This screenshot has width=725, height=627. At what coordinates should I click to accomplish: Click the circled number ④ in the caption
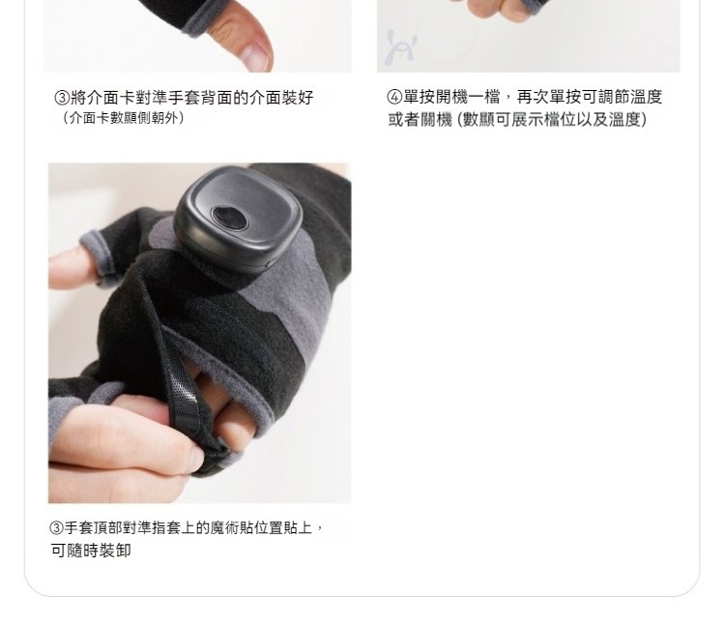394,97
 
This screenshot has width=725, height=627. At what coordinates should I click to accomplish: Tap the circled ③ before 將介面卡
62,98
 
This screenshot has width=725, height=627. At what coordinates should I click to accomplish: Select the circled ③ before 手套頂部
55,527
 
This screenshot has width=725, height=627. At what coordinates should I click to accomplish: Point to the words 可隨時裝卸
91,551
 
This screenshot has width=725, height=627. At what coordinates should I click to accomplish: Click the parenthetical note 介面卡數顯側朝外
124,118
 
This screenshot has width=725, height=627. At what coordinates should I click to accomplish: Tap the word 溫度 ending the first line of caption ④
647,97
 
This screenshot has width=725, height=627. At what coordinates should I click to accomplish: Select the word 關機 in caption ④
436,120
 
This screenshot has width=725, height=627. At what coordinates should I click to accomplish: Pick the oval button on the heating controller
229,218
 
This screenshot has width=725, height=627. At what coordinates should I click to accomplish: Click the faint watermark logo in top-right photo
400,47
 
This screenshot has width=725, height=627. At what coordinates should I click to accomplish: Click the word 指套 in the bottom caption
166,527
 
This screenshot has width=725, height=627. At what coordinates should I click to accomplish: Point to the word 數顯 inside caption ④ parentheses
478,120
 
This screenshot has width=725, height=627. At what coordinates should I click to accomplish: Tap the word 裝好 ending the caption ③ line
298,98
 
